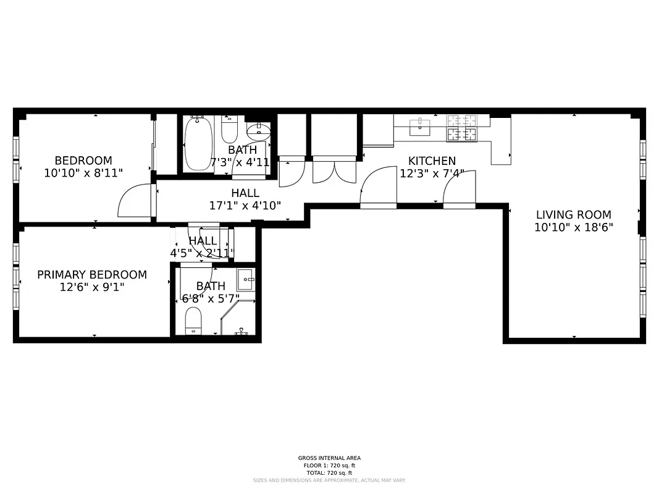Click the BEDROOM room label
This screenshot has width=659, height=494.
(x=83, y=161)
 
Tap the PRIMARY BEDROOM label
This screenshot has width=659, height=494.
(x=92, y=275)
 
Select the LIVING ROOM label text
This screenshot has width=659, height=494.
(x=573, y=215)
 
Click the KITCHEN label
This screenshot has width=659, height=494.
(x=432, y=161)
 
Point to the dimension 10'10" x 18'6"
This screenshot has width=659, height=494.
(x=573, y=228)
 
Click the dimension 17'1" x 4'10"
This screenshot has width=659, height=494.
(x=245, y=206)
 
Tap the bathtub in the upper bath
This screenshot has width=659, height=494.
(x=198, y=143)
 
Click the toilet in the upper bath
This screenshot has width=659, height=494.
(x=229, y=129)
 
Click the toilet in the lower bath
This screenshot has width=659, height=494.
(x=194, y=322)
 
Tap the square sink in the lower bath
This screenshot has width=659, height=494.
(x=246, y=280)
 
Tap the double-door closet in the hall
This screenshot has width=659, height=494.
(x=334, y=170)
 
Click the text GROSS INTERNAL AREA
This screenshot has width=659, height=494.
(x=329, y=458)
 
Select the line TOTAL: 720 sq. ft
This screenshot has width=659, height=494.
(x=329, y=472)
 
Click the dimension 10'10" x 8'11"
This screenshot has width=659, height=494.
(x=83, y=174)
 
